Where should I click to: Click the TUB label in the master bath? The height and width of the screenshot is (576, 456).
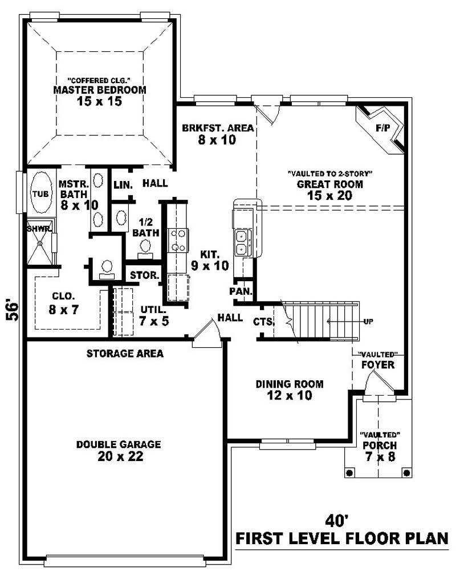click(40, 194)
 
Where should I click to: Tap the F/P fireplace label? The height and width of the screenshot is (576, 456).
click(382, 128)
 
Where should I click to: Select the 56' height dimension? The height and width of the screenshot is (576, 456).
click(12, 311)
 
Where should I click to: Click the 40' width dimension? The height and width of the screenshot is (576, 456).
click(336, 520)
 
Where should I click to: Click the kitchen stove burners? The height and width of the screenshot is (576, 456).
click(178, 240)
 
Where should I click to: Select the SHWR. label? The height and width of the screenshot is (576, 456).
click(39, 228)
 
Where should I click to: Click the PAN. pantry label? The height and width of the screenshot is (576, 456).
click(241, 291)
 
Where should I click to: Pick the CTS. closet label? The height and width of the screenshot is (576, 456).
click(264, 322)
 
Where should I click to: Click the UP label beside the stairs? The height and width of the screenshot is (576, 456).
click(368, 322)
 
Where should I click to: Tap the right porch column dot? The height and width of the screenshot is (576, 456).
click(406, 472)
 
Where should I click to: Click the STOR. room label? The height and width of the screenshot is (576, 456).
click(145, 275)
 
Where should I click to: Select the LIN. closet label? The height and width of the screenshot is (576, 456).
click(123, 185)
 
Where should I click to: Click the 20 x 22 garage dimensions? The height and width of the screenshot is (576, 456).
click(120, 456)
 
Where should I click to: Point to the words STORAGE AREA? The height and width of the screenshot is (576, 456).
click(125, 353)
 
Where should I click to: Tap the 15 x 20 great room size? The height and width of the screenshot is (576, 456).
click(329, 195)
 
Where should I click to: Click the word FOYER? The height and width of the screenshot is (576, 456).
click(378, 365)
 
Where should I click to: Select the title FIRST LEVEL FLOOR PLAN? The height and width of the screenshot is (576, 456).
click(341, 538)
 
